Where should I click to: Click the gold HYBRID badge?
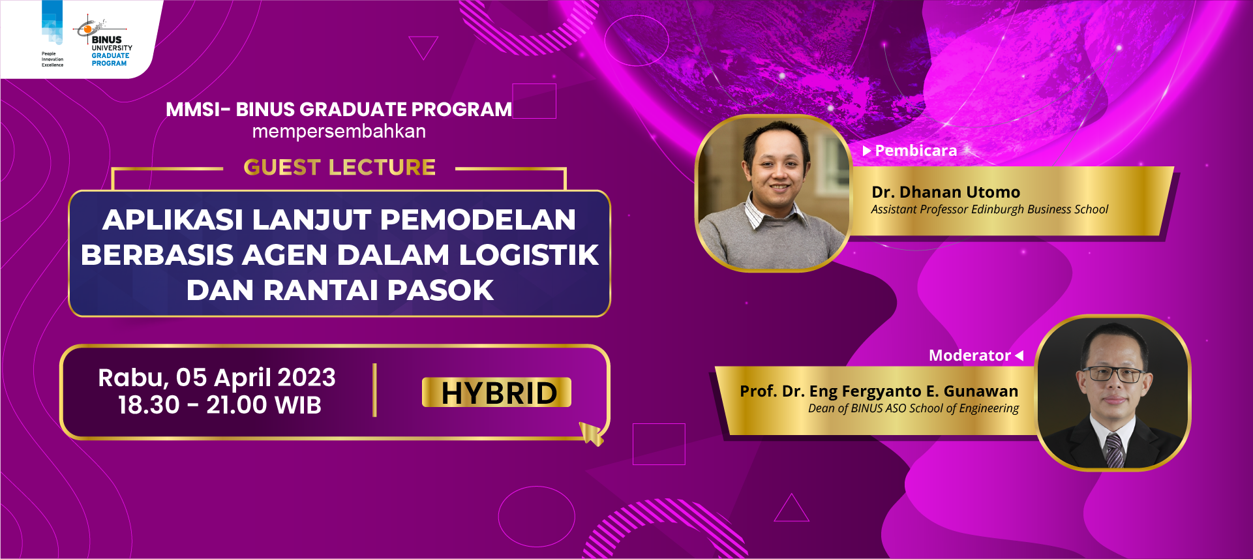496,392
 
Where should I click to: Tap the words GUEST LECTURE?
339,168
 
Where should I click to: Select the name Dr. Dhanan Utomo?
946,192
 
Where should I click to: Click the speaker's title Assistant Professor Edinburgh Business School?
989,209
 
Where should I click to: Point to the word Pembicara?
916,151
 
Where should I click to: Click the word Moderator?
969,355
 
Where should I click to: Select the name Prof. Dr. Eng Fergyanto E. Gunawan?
879,391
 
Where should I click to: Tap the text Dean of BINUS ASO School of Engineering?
913,408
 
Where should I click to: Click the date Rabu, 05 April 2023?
217,378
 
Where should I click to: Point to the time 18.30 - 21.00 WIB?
220,405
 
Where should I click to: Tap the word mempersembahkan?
339,131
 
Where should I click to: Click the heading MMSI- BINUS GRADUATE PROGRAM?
339,109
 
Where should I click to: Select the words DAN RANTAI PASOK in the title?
340,290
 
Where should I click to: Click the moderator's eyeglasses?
1113,374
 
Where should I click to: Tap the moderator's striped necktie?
1113,451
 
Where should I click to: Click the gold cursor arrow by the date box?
591,433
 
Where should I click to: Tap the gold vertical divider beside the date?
374,390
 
